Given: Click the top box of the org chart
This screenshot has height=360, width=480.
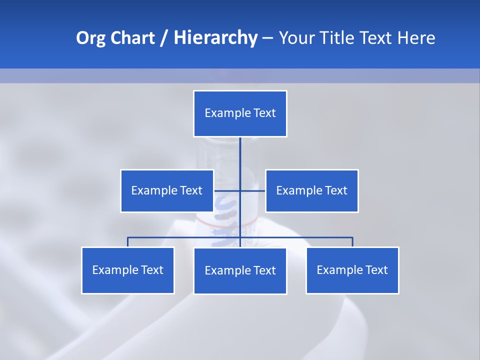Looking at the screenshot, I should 240,113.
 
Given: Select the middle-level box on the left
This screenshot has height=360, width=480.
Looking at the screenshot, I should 167,190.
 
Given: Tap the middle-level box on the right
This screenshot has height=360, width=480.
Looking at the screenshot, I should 311,190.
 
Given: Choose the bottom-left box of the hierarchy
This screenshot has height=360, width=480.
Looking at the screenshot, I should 128,270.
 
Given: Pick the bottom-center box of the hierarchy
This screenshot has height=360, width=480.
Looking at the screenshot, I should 240,270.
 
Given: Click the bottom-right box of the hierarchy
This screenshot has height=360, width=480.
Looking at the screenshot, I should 352,270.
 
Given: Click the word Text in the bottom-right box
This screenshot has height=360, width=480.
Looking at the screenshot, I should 376,270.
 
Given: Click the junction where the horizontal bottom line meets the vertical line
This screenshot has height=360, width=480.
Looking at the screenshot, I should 240,237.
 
